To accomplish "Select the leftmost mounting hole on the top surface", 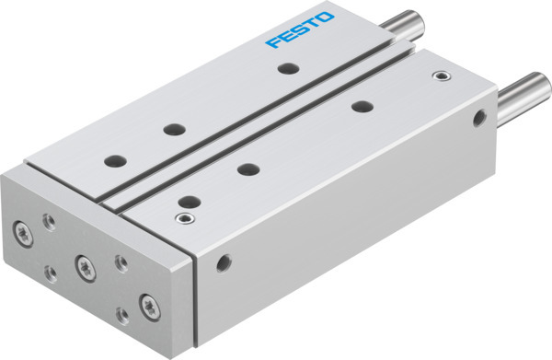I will (116, 159).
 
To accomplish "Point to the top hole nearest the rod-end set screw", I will (360, 106).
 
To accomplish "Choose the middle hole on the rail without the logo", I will (247, 168).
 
